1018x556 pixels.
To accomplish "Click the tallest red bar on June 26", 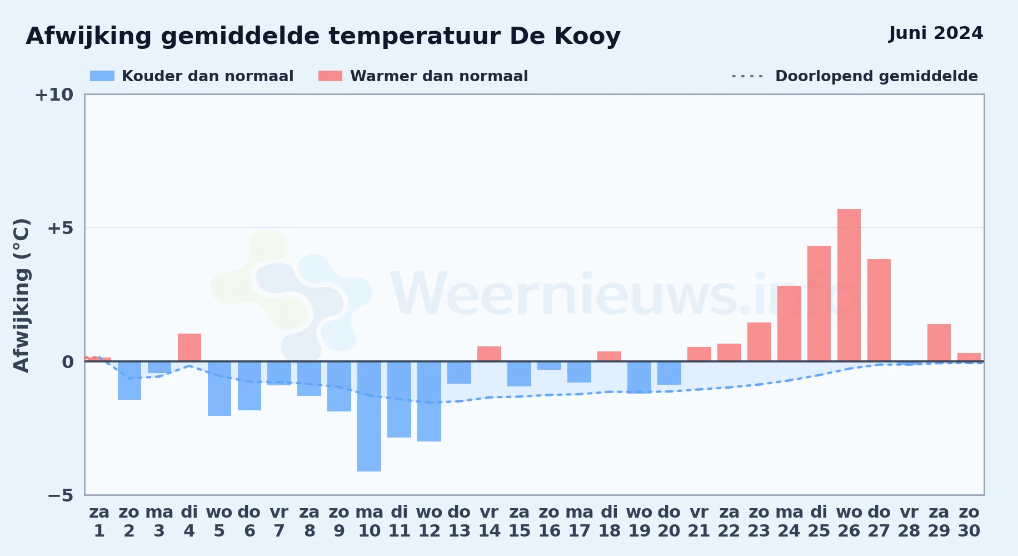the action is [x=849, y=285].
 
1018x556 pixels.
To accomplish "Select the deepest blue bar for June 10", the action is [x=369, y=416].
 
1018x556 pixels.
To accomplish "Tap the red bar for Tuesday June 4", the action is [x=189, y=348].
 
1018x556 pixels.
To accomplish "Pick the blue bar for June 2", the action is [x=129, y=380].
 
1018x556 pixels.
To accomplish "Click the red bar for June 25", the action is [x=819, y=304].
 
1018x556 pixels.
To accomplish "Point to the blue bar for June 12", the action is [x=429, y=401].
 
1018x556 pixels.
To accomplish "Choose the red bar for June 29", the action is [x=939, y=342].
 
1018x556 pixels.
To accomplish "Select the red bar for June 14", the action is [x=489, y=354].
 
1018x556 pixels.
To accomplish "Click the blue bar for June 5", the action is [x=219, y=389].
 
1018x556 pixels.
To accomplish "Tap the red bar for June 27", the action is [x=879, y=310].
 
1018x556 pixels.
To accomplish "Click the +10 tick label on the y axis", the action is [x=54, y=95].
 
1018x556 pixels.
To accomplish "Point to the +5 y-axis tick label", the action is [x=60, y=228].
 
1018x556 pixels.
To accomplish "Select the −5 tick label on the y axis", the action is [x=60, y=495].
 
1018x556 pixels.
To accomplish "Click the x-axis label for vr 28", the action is [x=909, y=522].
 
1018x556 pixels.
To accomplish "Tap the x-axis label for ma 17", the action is [x=579, y=522].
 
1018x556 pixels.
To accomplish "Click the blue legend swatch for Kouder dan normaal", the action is [x=102, y=76].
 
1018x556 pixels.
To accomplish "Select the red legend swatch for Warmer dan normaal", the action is [x=330, y=76].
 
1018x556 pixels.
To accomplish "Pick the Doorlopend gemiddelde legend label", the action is [x=876, y=76].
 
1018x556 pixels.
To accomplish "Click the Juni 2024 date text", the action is [x=936, y=33].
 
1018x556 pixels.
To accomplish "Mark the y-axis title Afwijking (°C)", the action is [x=21, y=295].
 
